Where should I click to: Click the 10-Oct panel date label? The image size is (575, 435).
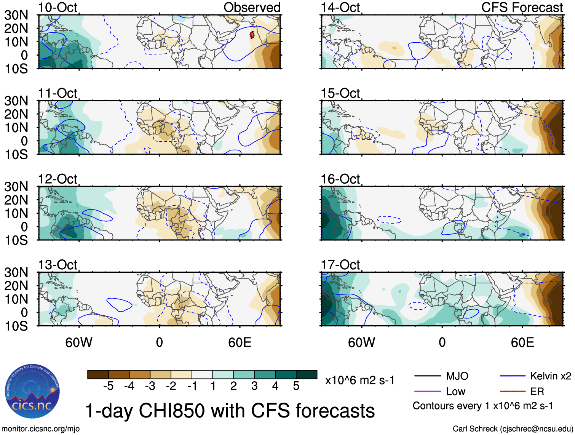(57, 7)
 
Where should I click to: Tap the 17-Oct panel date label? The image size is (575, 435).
(340, 264)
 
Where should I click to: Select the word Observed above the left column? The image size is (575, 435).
(252, 7)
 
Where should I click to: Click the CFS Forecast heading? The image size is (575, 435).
(522, 7)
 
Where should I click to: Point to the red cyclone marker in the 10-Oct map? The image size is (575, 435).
(252, 35)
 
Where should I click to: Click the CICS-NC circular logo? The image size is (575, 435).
(32, 391)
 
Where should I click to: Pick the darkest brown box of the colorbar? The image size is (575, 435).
(98, 374)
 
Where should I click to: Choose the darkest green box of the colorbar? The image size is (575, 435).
(307, 374)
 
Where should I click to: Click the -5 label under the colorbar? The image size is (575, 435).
(108, 386)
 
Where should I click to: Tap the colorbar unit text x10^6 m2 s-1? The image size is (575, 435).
(359, 380)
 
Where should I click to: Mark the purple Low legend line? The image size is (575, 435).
(428, 391)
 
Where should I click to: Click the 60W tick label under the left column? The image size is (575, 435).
(79, 342)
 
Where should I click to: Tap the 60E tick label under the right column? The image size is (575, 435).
(522, 342)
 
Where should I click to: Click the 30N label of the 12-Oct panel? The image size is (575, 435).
(16, 187)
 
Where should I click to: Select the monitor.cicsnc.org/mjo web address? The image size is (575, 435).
(41, 429)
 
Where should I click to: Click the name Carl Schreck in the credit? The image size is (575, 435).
(475, 429)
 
